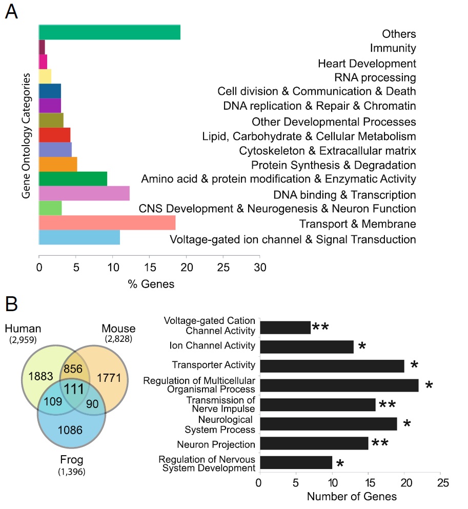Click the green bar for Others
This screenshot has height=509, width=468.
tap(109, 32)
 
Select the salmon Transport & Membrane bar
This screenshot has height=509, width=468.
tap(107, 223)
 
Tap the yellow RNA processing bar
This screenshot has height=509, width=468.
tap(45, 76)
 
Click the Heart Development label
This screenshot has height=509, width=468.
tap(367, 64)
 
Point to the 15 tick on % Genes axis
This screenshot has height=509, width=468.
tap(149, 267)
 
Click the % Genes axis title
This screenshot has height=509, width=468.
tap(151, 284)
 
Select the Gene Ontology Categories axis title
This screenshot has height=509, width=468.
tap(25, 135)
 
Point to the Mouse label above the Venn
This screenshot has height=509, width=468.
tap(118, 329)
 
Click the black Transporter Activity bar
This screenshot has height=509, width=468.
tap(332, 365)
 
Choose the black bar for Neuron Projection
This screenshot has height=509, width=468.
tap(314, 443)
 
